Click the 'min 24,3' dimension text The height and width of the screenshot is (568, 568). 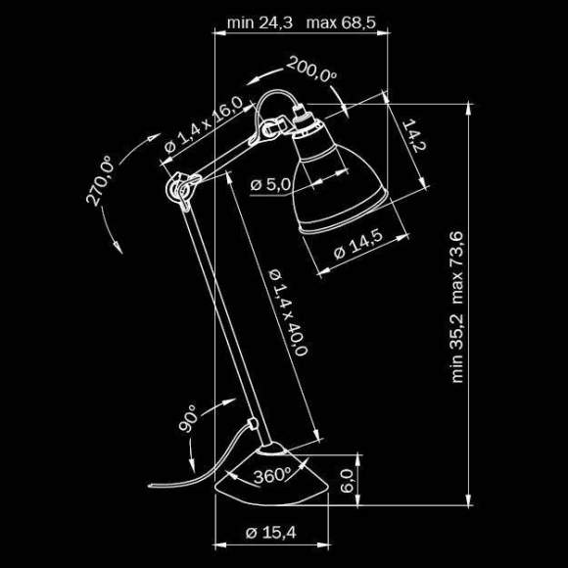[259, 22]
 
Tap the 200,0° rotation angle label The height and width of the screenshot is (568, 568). [311, 71]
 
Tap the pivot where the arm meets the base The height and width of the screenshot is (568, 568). [255, 426]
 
